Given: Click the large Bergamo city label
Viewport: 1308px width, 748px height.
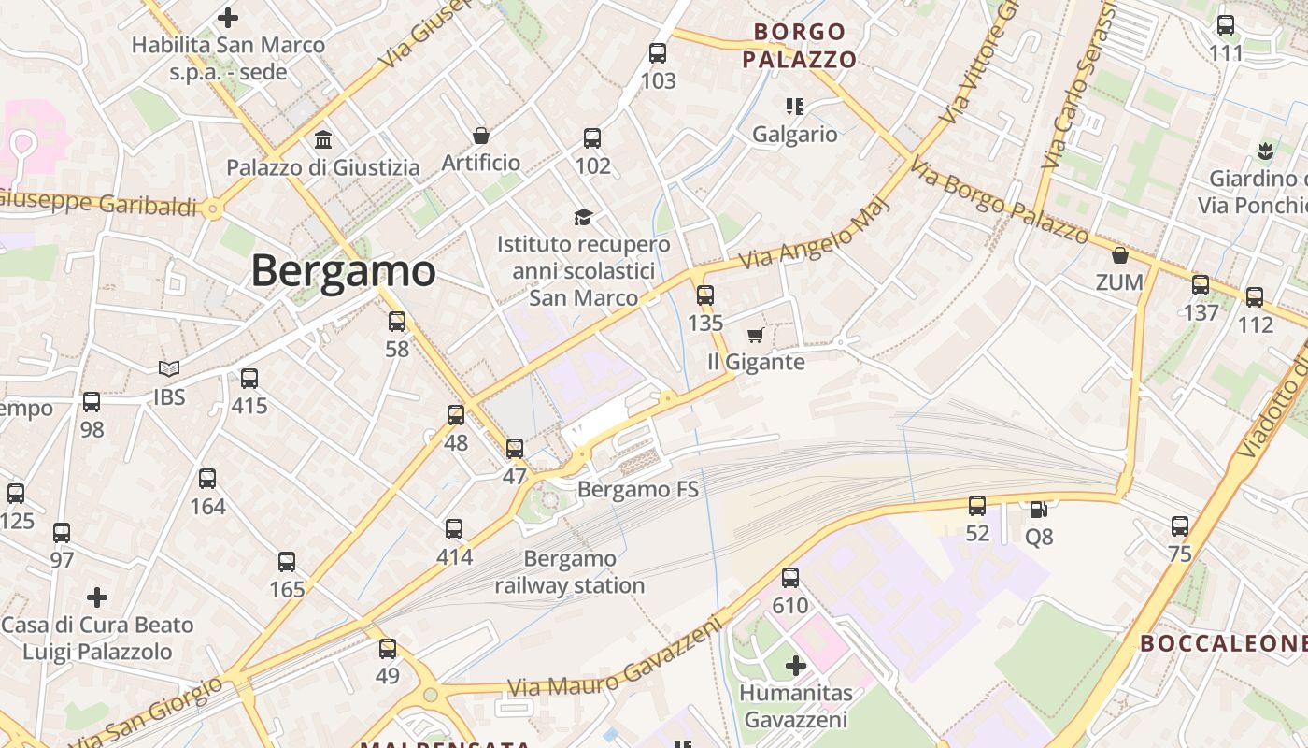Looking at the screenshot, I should click(343, 271).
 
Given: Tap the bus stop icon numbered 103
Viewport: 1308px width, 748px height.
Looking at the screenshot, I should click(658, 53).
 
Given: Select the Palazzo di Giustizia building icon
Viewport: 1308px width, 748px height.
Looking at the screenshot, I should click(323, 139).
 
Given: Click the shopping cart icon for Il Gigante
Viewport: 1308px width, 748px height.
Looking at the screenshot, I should click(755, 335).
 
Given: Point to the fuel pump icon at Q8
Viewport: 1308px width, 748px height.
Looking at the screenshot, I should click(1038, 509).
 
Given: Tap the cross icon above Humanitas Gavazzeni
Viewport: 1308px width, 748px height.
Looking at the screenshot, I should click(796, 666).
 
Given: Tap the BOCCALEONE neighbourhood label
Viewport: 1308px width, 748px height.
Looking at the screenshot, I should click(1223, 643).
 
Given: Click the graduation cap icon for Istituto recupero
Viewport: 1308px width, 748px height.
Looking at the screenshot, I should click(584, 217).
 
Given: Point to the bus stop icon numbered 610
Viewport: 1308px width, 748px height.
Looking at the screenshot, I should click(790, 578).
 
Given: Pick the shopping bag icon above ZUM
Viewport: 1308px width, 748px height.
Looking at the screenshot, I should click(1120, 254).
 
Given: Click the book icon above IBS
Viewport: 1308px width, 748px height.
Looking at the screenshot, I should click(169, 369).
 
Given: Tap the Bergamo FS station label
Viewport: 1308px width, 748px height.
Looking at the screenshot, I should click(638, 489).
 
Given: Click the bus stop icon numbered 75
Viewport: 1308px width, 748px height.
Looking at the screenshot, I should click(1180, 526).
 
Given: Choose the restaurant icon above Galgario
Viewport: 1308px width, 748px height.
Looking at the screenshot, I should click(795, 107).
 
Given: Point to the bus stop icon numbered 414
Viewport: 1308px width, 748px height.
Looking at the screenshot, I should click(454, 529).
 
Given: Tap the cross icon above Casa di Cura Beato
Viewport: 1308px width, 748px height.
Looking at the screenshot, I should click(97, 597).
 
